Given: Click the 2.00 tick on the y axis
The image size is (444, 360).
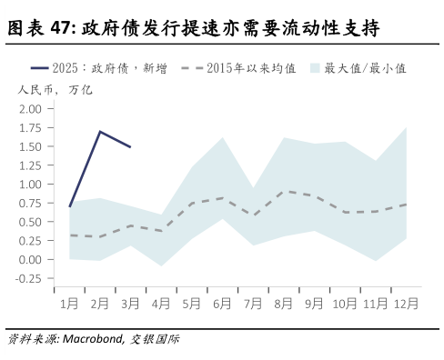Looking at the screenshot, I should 30,108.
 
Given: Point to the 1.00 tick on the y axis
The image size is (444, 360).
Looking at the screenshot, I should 30,184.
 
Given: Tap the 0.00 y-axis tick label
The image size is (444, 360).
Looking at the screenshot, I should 30,259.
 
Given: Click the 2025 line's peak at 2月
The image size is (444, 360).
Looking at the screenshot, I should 100,132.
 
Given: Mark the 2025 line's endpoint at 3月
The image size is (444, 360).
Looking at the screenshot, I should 131,146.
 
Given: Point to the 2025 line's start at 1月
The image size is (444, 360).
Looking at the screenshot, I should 69,206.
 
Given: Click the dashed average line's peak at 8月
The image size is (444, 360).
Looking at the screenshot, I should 284,191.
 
